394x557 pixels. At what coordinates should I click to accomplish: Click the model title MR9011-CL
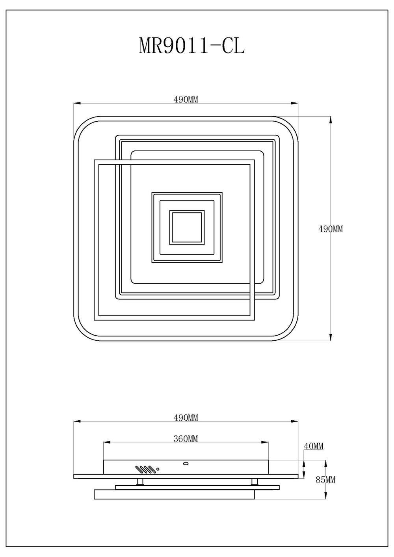point(192,46)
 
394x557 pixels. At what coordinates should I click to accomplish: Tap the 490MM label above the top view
point(186,99)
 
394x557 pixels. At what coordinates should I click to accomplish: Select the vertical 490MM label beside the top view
point(331,229)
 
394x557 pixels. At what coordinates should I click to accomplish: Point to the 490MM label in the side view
point(186,418)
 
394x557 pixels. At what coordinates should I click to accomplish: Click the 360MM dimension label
point(186,439)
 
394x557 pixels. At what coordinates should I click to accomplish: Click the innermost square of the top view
point(187,227)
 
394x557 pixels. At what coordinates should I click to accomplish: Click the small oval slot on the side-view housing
point(186,463)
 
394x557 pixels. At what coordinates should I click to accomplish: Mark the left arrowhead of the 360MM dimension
point(106,442)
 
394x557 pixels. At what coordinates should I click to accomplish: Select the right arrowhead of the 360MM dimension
point(266,442)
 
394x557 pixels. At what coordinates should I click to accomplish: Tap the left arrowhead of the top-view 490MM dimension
point(77,103)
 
